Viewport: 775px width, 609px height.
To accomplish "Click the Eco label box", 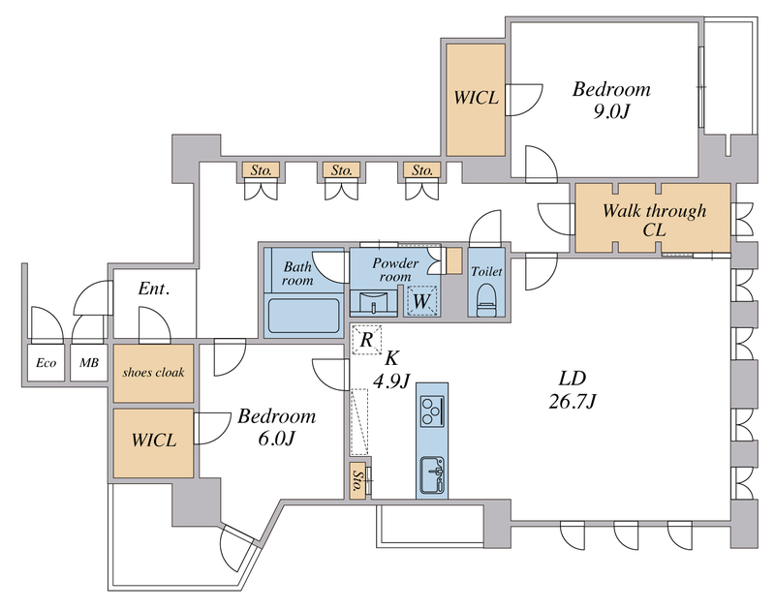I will click(x=45, y=364).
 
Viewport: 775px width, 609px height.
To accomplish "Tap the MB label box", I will click(x=88, y=364).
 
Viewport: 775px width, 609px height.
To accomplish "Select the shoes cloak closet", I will click(x=154, y=373).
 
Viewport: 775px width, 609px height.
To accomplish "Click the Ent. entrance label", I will click(x=154, y=289).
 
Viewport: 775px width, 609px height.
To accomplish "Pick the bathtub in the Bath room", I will click(x=301, y=316).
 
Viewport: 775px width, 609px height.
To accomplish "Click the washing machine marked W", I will click(x=421, y=301).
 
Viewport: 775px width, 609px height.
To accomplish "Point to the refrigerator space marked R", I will click(x=366, y=339).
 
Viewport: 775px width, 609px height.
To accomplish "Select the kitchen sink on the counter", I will click(x=432, y=475).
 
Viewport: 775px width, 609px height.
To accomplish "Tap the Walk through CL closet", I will click(x=653, y=220).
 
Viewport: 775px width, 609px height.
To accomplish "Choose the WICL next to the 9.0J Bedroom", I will click(x=476, y=98).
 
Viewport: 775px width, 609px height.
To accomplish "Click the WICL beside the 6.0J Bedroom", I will click(x=154, y=442).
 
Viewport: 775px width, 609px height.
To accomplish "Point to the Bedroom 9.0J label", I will click(x=611, y=100).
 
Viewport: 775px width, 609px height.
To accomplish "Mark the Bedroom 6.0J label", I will click(x=277, y=427).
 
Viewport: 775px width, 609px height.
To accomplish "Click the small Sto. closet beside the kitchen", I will click(x=358, y=481).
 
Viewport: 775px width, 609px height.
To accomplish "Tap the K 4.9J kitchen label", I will click(x=392, y=369).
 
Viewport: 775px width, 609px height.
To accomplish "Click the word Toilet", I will click(x=485, y=272).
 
